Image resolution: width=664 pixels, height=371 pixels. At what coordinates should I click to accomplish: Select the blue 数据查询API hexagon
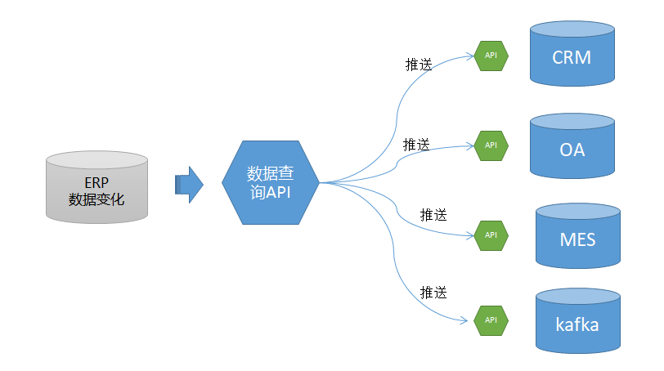click(271, 182)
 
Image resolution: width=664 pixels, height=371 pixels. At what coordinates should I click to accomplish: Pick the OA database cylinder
click(572, 145)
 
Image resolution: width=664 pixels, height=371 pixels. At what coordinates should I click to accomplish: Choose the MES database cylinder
click(577, 236)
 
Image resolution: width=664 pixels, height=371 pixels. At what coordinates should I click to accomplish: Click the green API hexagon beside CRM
click(491, 55)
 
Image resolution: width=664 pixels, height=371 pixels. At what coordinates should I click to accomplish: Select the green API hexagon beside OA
click(491, 145)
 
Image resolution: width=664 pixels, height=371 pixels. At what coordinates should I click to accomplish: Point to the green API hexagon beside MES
click(491, 235)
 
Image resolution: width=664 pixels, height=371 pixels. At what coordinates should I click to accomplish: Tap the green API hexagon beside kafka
click(491, 319)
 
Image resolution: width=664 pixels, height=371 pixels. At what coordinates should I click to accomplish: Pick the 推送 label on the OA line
click(416, 144)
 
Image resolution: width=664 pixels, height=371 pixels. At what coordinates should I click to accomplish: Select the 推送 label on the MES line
click(433, 215)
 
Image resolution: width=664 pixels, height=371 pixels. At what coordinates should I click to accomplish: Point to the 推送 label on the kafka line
click(433, 292)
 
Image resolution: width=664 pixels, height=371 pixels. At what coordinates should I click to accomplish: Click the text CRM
click(572, 58)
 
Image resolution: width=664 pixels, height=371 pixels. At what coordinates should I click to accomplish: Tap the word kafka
click(577, 324)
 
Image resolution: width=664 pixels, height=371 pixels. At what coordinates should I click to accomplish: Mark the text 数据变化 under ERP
click(96, 198)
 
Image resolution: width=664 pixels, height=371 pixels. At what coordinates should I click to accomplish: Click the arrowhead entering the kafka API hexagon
click(470, 319)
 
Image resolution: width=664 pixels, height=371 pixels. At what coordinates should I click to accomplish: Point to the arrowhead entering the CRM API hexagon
click(470, 55)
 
